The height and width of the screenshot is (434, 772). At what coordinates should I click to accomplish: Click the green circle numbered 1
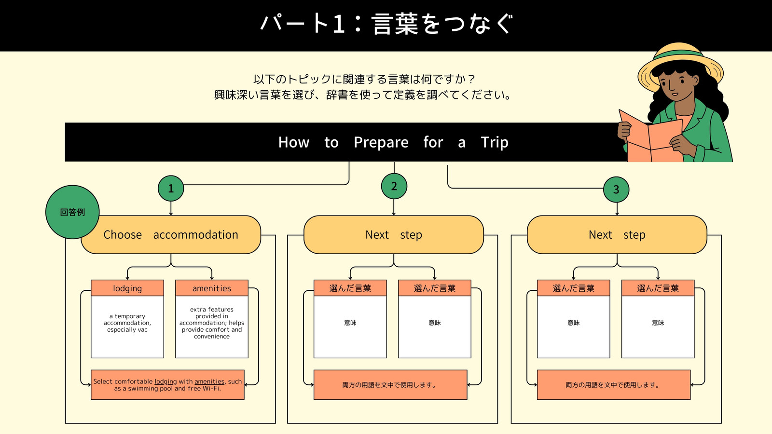pos(171,189)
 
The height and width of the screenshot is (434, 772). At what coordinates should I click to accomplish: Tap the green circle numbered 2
pos(394,186)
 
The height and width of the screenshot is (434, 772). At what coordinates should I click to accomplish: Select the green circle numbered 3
pos(616,190)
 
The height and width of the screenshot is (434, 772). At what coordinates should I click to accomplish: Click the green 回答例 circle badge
pos(72,212)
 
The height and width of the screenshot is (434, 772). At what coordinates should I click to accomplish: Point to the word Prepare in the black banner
pos(381,142)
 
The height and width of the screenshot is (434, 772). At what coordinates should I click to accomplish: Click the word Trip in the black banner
pos(495,142)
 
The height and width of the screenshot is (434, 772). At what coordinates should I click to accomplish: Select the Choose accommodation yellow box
pos(171,234)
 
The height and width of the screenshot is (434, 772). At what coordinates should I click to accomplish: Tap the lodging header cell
pos(127,288)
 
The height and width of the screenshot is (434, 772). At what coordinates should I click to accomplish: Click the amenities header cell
pos(212,288)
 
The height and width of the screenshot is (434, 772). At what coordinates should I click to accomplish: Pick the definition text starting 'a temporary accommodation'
pos(127,323)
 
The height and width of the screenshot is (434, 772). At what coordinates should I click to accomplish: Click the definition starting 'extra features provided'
pos(212,323)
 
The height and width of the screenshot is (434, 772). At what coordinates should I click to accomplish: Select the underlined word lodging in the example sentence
pos(165,381)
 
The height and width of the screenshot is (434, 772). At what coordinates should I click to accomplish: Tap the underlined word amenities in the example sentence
pos(209,381)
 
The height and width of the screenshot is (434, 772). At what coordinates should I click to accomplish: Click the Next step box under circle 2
pos(394,234)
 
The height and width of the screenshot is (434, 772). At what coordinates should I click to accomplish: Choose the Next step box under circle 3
pos(617,234)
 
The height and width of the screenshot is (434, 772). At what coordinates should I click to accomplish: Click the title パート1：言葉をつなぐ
pos(386,24)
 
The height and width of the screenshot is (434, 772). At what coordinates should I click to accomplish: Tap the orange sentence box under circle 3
pos(613,385)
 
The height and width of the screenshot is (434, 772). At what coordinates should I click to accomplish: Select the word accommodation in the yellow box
pos(195,234)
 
